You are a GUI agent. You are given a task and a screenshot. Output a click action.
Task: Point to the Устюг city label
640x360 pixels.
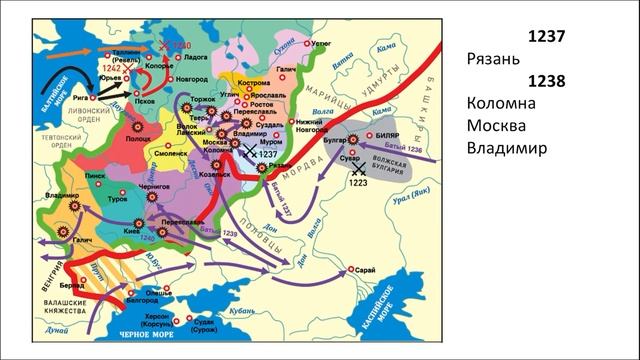point(321,44)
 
